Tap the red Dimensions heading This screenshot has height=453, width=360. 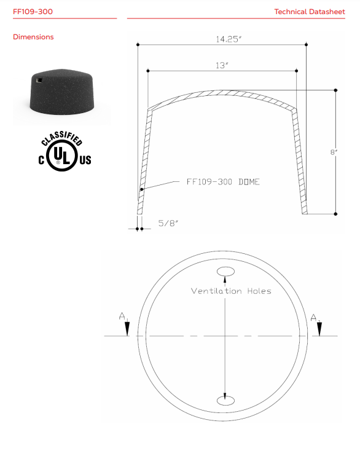click(33, 37)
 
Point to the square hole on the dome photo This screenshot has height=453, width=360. click(39, 79)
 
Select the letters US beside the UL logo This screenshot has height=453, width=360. click(85, 160)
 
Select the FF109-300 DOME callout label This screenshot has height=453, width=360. click(222, 183)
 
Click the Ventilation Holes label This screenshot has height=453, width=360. click(230, 291)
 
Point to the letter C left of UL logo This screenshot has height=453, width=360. click(42, 160)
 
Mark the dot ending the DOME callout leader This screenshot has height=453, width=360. click(143, 190)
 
